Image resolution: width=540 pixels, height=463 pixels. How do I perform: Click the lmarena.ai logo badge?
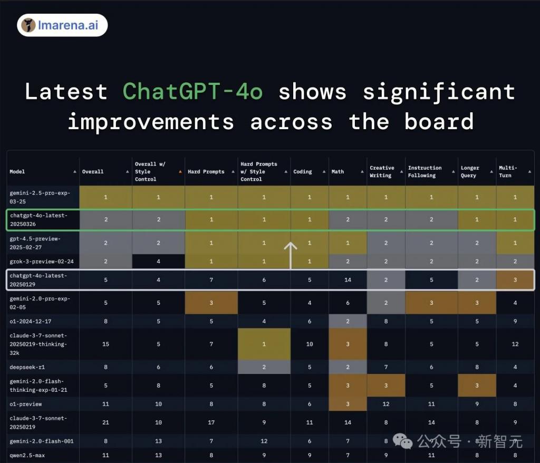[x=62, y=25]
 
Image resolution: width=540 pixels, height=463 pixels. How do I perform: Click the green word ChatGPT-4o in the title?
[x=193, y=92]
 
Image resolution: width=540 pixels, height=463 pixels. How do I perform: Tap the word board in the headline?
[x=439, y=122]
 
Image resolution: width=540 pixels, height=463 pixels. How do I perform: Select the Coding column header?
[x=303, y=171]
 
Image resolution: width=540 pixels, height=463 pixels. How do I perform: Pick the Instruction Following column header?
[x=425, y=171]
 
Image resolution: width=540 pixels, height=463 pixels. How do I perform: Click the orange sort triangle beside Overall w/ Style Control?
[x=180, y=171]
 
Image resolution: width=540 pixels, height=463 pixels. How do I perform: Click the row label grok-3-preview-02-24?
[x=42, y=262]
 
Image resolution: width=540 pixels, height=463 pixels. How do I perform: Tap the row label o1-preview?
[x=26, y=404]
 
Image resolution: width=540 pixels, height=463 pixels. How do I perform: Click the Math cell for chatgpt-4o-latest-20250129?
[x=348, y=279]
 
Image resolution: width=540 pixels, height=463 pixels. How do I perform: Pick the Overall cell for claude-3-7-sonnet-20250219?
[x=105, y=422]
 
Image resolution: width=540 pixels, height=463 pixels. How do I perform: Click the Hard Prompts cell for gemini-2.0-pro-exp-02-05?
[x=211, y=303]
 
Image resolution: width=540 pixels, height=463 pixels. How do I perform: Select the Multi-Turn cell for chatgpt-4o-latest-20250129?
[x=515, y=279]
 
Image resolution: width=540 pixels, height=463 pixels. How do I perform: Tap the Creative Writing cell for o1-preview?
[x=386, y=404]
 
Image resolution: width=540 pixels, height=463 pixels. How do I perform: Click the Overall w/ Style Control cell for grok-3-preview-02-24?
[x=158, y=262]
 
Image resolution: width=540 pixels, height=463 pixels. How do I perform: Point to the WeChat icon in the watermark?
[x=402, y=441]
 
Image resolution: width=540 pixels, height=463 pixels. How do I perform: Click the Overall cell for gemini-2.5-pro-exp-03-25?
[x=105, y=197]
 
